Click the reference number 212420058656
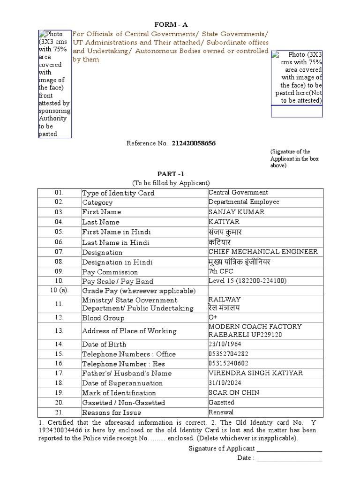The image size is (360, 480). pos(194,143)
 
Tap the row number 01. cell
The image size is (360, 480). pos(59,193)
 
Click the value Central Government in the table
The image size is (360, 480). pos(238,192)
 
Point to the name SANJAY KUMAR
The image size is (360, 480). pos(236,212)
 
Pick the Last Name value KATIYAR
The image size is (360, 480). pos(224,222)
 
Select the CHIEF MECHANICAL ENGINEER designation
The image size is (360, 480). pos(263,252)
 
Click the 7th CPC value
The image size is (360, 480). pos(221,271)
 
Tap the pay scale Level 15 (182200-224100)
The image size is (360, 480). pos(247,281)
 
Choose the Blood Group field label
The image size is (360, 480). pos(103,318)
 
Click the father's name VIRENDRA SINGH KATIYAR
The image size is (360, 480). pos(255,373)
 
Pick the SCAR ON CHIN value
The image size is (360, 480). pos(234,393)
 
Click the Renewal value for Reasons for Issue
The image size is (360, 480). pos(221,412)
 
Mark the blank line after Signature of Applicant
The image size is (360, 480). pos(289,450)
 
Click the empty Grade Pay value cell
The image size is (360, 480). pos(265,291)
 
